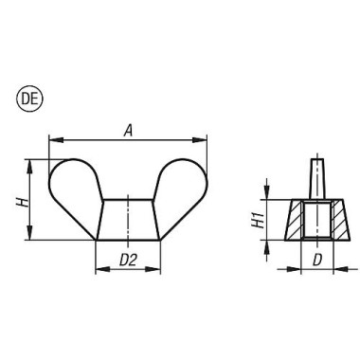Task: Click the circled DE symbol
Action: coord(18,97)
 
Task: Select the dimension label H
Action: coord(16,201)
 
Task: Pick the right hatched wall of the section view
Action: coord(331,222)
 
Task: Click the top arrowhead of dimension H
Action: coord(31,164)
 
